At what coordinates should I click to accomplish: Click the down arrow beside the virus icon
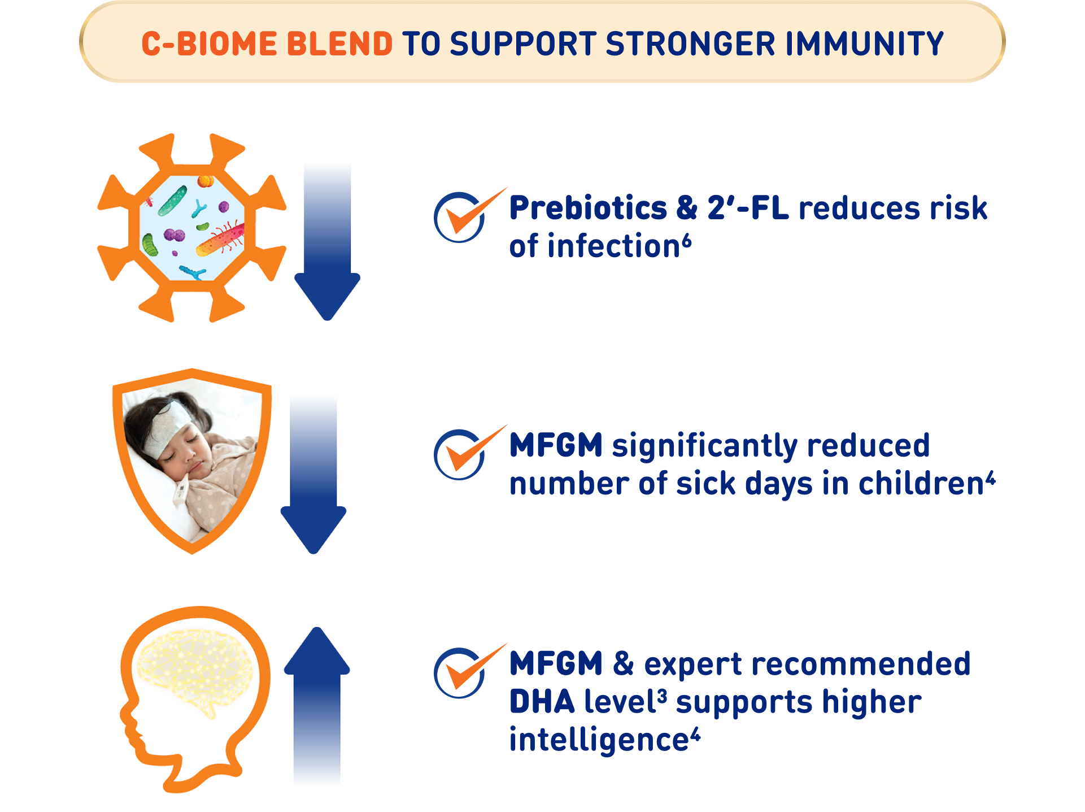328,242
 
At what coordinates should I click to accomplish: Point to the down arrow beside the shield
313,475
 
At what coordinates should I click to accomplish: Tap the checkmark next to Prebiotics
469,215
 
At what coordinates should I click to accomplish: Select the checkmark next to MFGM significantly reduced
469,453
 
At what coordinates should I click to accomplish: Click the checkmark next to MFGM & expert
469,671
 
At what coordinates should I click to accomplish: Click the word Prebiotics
588,208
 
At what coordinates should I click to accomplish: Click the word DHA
542,702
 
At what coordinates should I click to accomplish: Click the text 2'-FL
748,208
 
